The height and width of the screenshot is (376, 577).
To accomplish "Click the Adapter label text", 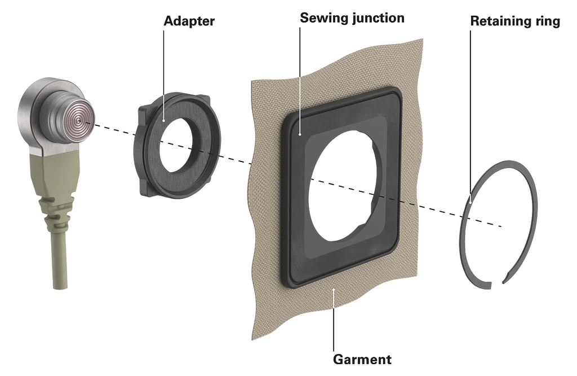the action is point(189,21).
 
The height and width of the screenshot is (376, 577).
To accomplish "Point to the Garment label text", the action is point(362,359).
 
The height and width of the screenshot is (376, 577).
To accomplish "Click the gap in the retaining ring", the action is point(497,283).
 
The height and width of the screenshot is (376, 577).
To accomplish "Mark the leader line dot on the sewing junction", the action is point(300,134).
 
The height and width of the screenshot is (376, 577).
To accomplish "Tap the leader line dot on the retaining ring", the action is point(471,202).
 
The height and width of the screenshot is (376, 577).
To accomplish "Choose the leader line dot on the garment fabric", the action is point(334,290).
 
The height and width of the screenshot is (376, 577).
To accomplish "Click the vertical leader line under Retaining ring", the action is point(471,116).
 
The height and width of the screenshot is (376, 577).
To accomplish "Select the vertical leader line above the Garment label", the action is point(334,320).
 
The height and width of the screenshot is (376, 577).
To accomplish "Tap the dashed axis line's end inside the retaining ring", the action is point(501,226).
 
